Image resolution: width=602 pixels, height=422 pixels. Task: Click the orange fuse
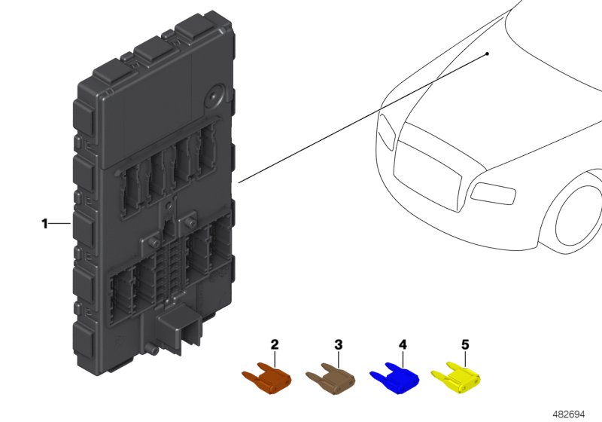pyautogui.click(x=267, y=378)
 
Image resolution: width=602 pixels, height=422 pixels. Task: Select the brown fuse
pyautogui.click(x=331, y=378)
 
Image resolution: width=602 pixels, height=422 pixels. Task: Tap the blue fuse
pyautogui.click(x=394, y=378)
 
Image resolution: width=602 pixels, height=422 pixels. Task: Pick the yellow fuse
pyautogui.click(x=456, y=378)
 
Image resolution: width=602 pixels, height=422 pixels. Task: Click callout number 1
pyautogui.click(x=45, y=224)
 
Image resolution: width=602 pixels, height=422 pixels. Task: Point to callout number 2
pyautogui.click(x=275, y=344)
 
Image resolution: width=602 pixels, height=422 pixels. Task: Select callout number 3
pyautogui.click(x=338, y=344)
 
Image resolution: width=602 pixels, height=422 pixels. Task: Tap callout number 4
pyautogui.click(x=403, y=344)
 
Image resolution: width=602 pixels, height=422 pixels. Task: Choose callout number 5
pyautogui.click(x=465, y=344)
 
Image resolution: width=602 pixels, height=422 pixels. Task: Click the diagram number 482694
pyautogui.click(x=569, y=414)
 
